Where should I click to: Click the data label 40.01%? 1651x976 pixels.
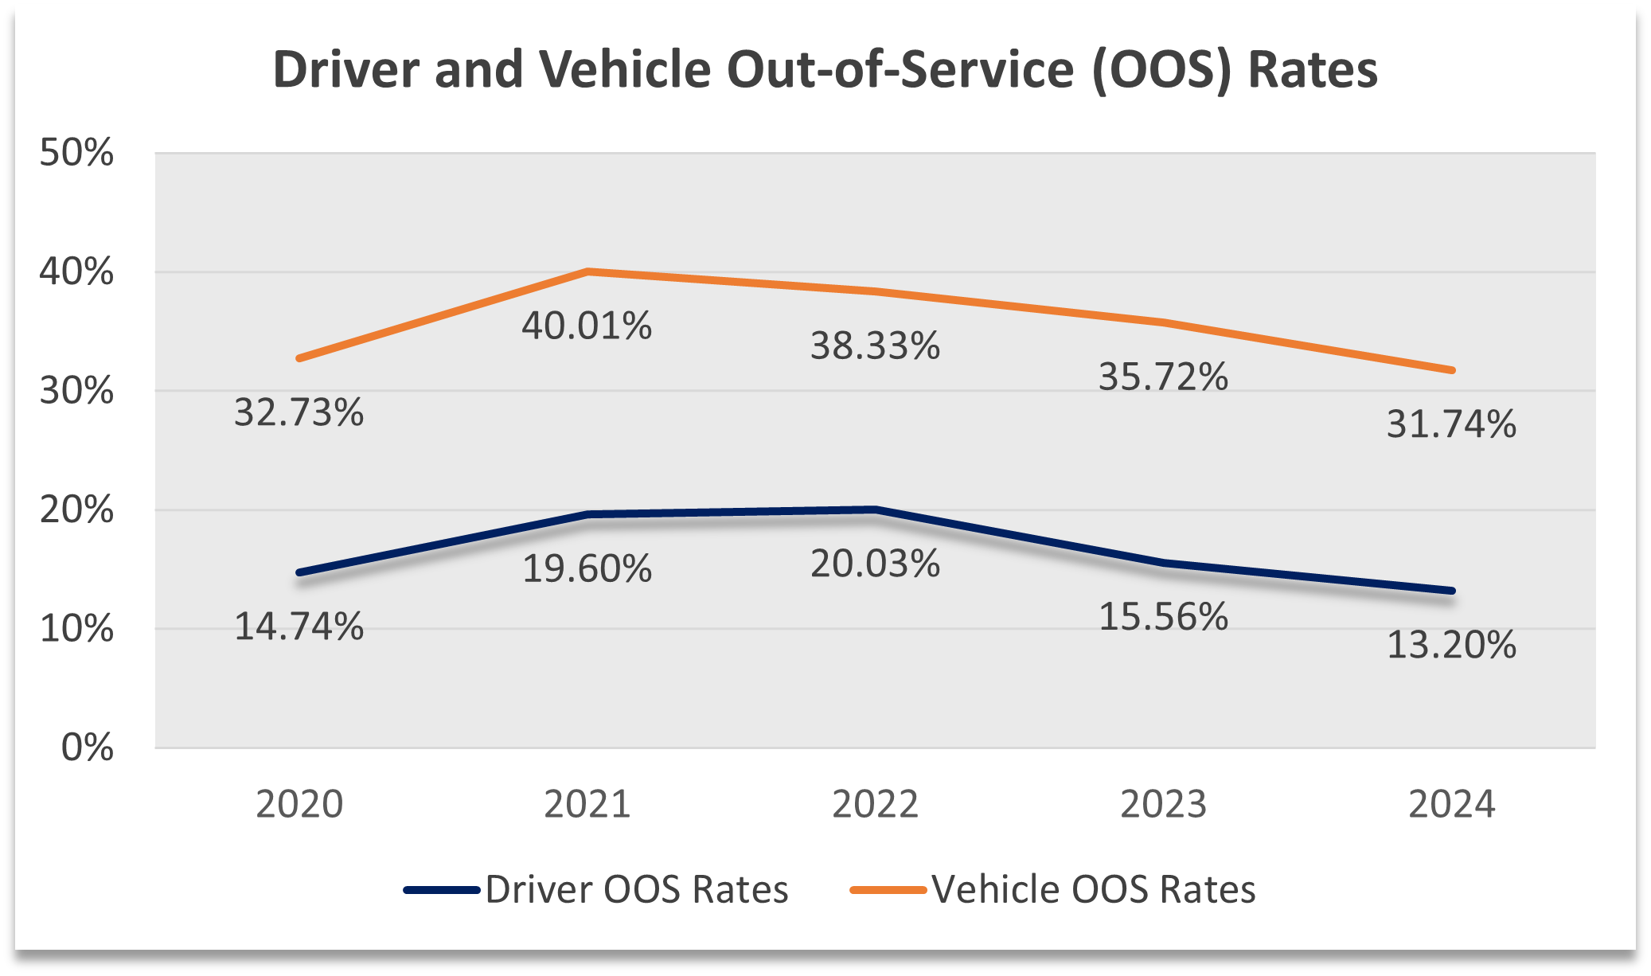pyautogui.click(x=587, y=326)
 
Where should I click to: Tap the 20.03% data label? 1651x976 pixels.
pyautogui.click(x=875, y=564)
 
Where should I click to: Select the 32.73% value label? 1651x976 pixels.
pyautogui.click(x=299, y=413)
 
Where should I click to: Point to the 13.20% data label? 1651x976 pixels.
pyautogui.click(x=1451, y=645)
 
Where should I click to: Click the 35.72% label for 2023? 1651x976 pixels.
pyautogui.click(x=1163, y=377)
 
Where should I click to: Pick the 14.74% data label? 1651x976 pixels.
pyautogui.click(x=299, y=627)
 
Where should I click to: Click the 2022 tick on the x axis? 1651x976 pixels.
pyautogui.click(x=875, y=804)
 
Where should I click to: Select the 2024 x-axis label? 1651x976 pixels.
pyautogui.click(x=1451, y=804)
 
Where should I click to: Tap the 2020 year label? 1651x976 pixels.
pyautogui.click(x=299, y=804)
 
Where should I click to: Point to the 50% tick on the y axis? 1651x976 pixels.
pyautogui.click(x=76, y=153)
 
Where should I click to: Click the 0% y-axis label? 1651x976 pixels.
pyautogui.click(x=87, y=748)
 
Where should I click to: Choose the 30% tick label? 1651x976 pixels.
pyautogui.click(x=76, y=391)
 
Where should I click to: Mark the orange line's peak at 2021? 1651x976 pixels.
pyautogui.click(x=587, y=271)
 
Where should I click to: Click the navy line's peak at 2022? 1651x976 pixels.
pyautogui.click(x=875, y=509)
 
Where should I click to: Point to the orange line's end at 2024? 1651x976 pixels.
pyautogui.click(x=1452, y=370)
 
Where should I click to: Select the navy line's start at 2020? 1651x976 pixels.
pyautogui.click(x=299, y=572)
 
